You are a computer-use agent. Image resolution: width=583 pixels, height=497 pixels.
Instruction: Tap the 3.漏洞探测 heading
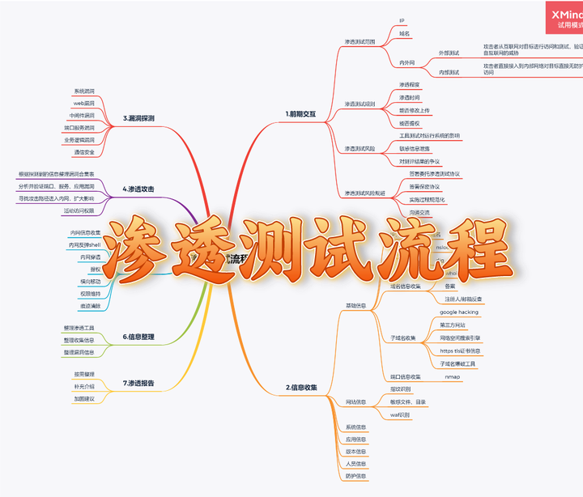point(138,118)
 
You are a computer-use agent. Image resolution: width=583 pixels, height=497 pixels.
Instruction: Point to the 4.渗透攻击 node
point(138,189)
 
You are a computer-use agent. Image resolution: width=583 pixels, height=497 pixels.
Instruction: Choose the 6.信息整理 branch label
point(138,336)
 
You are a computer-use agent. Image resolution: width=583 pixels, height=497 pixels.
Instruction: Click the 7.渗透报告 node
point(138,382)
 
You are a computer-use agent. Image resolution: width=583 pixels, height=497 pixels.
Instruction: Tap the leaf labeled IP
point(402,20)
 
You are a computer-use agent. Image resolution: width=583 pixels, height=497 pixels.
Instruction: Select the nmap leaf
point(453,376)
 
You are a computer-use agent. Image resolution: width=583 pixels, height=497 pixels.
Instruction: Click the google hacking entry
point(459,312)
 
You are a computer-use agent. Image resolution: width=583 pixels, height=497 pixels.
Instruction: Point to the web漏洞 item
point(84,104)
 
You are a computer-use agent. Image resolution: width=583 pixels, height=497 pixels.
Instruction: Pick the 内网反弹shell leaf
point(85,244)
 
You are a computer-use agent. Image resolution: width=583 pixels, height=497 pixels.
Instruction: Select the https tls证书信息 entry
point(460,350)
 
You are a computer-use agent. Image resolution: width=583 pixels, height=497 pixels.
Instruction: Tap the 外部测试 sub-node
point(449,53)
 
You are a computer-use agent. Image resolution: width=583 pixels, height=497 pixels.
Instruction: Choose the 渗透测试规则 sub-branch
point(360,104)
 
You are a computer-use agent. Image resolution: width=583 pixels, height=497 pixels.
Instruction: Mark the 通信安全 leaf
point(84,151)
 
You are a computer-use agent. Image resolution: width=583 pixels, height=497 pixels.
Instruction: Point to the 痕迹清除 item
point(90,306)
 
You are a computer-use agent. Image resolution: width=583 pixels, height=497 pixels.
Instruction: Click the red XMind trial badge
point(566,19)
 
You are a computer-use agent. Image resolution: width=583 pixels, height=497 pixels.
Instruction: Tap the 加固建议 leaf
point(84,398)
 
